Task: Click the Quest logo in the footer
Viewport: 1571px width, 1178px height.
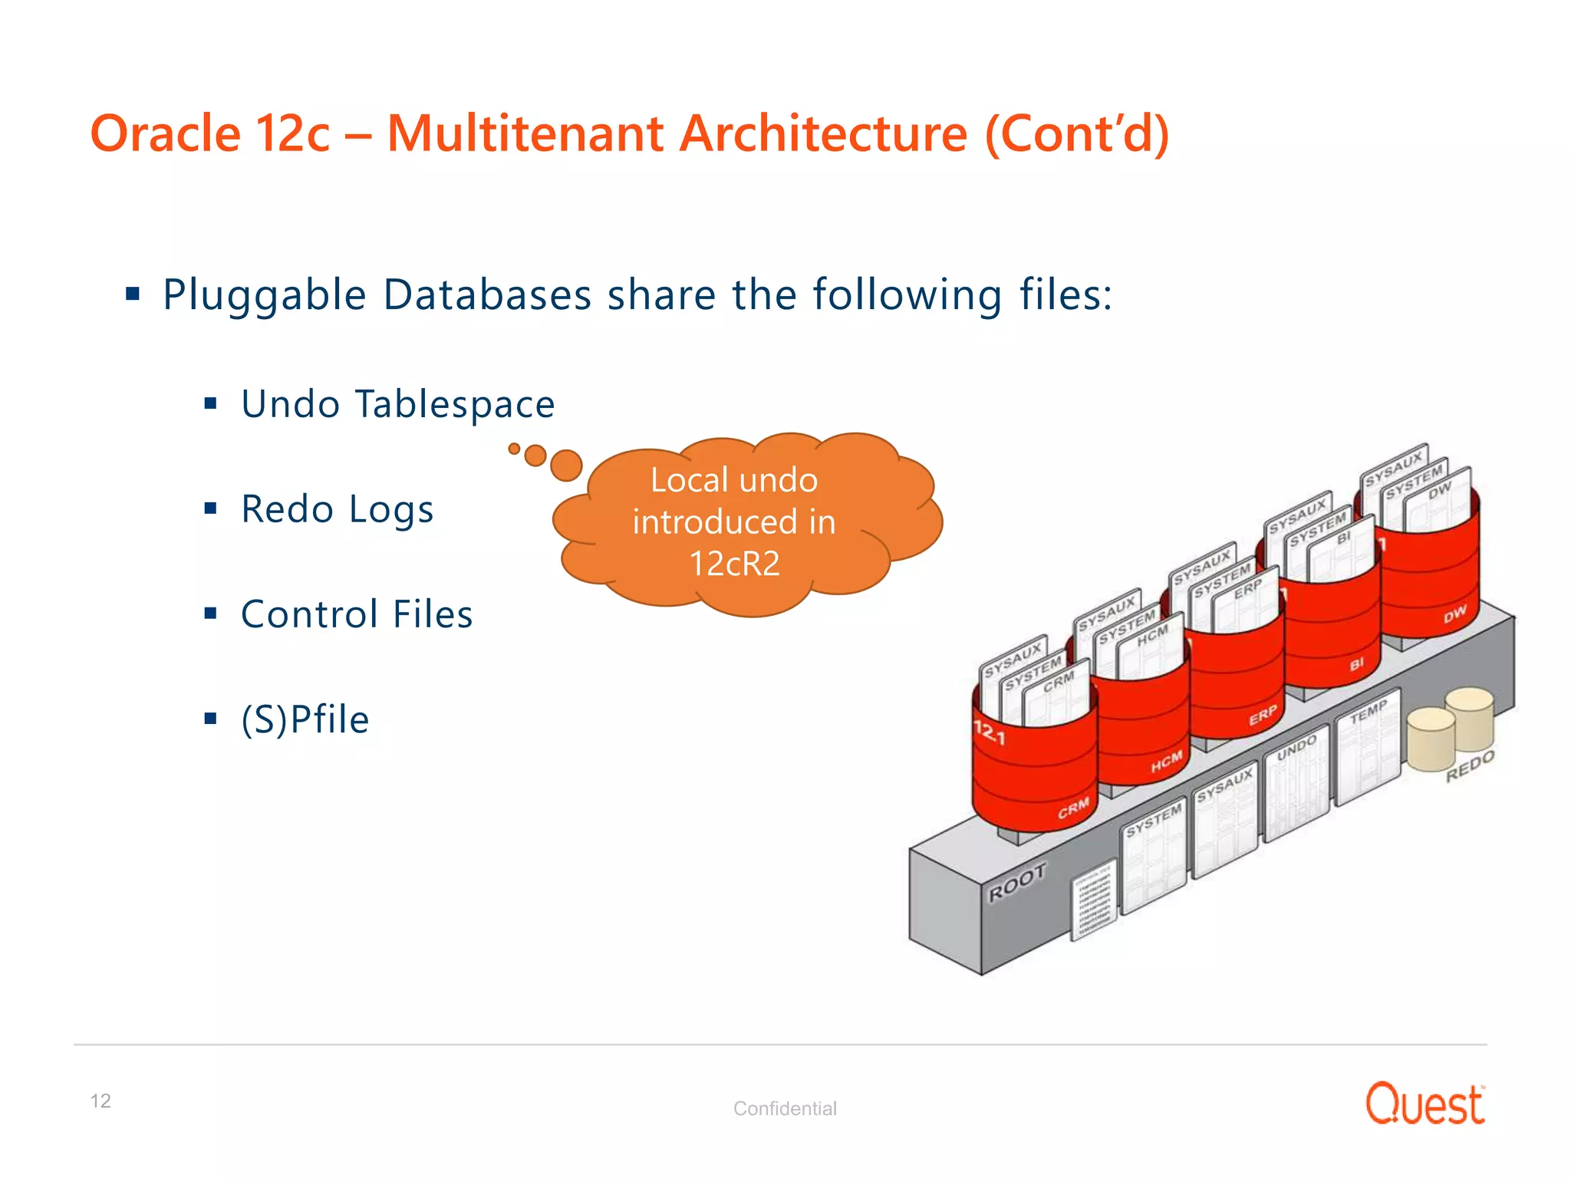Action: click(x=1424, y=1104)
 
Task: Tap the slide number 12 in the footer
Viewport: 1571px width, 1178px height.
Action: click(x=100, y=1101)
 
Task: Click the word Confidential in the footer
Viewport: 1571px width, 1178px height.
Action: click(x=785, y=1108)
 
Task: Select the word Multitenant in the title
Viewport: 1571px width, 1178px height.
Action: click(x=524, y=133)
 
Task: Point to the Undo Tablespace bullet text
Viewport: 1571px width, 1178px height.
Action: click(x=397, y=404)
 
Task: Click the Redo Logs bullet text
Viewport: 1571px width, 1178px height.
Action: click(x=338, y=509)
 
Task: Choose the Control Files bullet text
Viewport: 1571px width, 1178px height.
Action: click(x=357, y=614)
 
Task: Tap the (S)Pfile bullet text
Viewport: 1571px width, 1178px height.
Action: click(x=305, y=719)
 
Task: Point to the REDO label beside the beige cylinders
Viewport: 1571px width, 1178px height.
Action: click(x=1470, y=765)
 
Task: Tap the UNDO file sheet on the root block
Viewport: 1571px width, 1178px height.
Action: click(x=1296, y=782)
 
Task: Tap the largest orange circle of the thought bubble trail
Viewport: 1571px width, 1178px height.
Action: click(x=566, y=465)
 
